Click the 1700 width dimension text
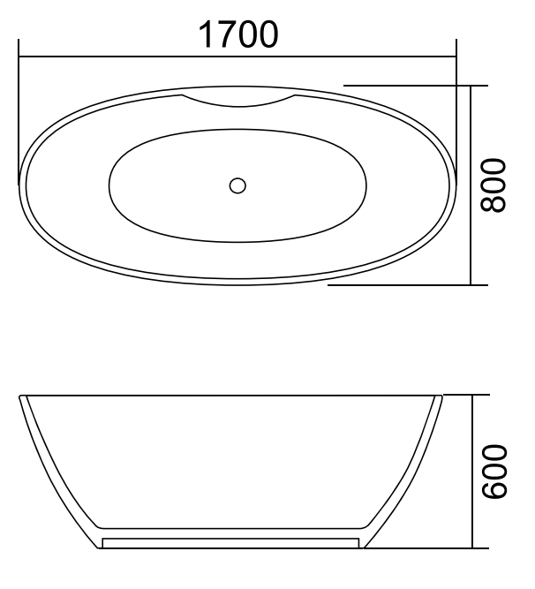(x=237, y=34)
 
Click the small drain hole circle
(x=237, y=185)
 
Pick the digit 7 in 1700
(x=222, y=34)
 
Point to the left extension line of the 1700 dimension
(x=19, y=115)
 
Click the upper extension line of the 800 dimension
(x=406, y=86)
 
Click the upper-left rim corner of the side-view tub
(x=21, y=397)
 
